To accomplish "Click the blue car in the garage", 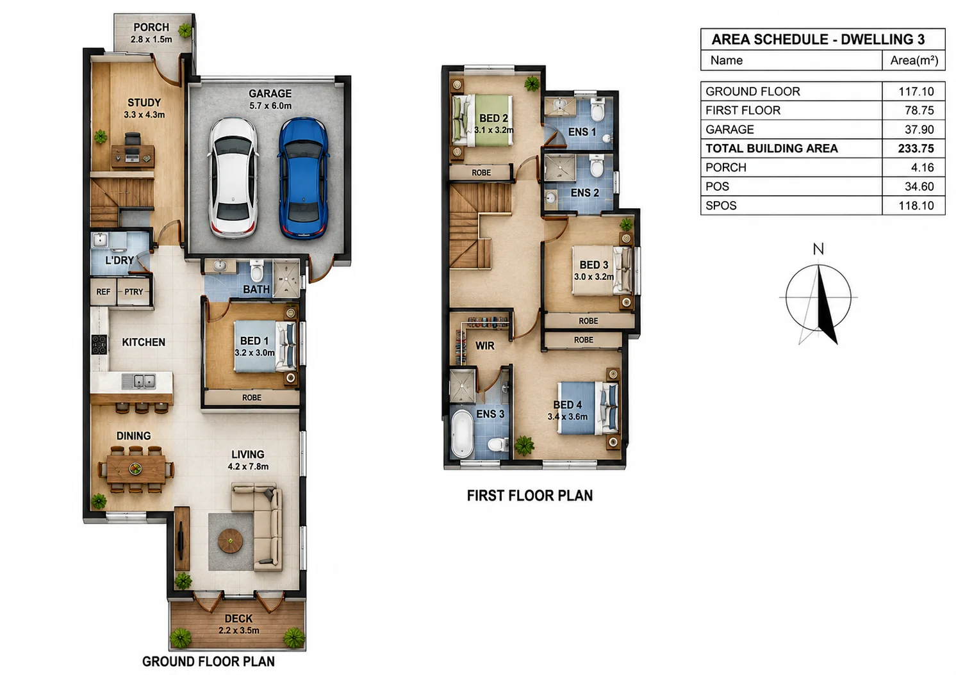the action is [x=304, y=178].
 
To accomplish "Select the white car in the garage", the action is [x=233, y=178].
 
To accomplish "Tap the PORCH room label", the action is [x=151, y=28].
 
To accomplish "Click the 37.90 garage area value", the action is [x=919, y=129].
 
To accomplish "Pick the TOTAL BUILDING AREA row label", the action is [x=771, y=149].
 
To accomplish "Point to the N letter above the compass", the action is [x=818, y=249].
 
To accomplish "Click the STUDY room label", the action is [x=144, y=103].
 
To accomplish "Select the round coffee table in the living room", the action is [x=231, y=541].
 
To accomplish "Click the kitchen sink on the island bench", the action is [x=138, y=381].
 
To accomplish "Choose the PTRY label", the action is [x=133, y=292].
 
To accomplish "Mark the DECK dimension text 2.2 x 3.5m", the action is [x=238, y=630].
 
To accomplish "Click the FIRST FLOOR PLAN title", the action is [x=530, y=496].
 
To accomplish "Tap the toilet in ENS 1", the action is [x=597, y=110].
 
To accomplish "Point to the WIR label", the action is [x=485, y=346].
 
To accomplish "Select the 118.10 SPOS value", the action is [x=916, y=206].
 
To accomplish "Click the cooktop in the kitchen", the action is [x=99, y=345].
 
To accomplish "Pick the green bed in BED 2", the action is [x=482, y=121].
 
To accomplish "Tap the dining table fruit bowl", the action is [x=135, y=469].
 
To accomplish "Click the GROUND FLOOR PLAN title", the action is [x=208, y=662].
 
